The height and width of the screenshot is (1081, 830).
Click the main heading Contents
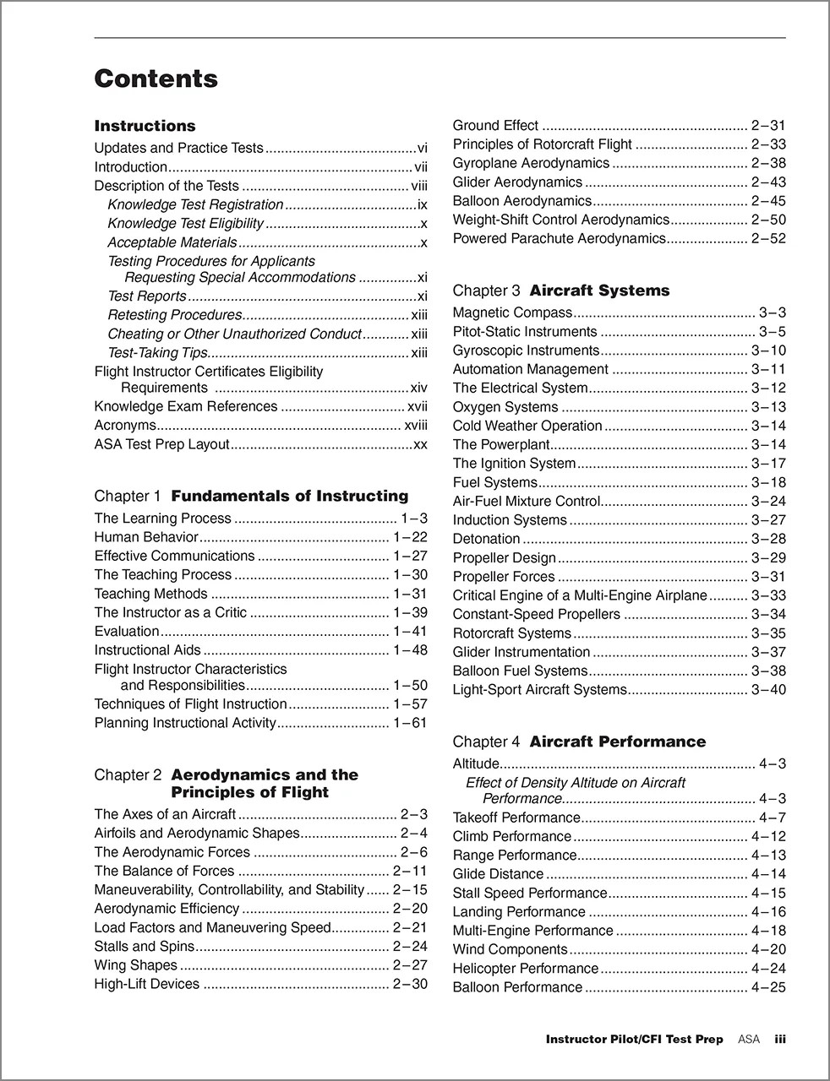tap(156, 79)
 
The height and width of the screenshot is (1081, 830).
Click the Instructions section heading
tap(145, 126)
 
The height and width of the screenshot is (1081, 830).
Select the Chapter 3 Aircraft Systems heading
tap(560, 291)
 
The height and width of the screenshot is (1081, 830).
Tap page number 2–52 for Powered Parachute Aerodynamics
tap(767, 239)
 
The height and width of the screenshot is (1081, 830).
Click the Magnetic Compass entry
tap(512, 313)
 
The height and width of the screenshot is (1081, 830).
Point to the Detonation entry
tap(486, 539)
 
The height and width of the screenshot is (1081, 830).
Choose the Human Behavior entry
tap(146, 537)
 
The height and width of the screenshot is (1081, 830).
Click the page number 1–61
tap(410, 723)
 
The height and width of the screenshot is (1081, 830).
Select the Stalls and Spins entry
tap(144, 947)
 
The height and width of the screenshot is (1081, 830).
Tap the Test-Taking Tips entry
tap(157, 353)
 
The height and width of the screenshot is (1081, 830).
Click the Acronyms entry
tap(125, 426)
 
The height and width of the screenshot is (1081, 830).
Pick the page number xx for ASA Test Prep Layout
tap(420, 444)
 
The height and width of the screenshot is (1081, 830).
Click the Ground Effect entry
tap(495, 126)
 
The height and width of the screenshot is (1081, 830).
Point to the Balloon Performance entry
tap(517, 987)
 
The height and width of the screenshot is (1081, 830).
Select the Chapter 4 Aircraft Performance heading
tap(579, 741)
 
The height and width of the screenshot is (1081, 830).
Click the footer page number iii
tap(780, 1040)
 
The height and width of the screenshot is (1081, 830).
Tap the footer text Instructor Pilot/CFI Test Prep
tap(634, 1040)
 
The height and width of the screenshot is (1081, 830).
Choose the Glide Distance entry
tap(498, 874)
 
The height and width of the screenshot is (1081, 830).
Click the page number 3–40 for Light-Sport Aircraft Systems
tap(767, 690)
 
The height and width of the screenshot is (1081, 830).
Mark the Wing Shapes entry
tap(135, 965)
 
